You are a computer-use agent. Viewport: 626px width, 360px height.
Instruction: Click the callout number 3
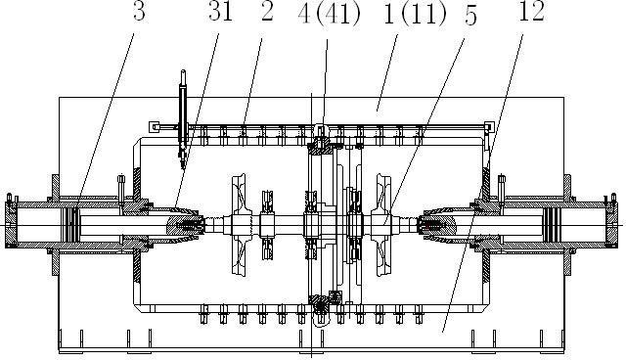point(139,12)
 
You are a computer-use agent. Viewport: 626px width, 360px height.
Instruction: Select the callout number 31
point(220,12)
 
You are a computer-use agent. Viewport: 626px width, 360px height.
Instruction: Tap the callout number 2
point(267,12)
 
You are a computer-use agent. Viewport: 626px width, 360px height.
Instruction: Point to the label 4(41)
point(330,15)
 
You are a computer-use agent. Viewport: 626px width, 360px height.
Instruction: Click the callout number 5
point(470,17)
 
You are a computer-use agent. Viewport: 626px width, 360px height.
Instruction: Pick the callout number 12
point(532,12)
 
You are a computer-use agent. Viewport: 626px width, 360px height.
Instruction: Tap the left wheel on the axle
point(239,225)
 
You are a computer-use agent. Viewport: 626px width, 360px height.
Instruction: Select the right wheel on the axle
point(383,225)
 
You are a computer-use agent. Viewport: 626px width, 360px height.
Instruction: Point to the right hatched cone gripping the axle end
point(436,225)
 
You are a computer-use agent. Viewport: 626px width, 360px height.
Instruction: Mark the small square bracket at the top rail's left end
point(155,127)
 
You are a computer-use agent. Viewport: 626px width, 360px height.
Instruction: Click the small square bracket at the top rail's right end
point(489,127)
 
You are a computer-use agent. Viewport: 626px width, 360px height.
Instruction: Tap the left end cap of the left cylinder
point(11,225)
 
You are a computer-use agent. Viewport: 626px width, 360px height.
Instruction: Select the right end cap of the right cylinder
point(611,225)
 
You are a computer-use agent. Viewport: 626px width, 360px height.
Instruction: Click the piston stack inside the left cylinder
point(72,225)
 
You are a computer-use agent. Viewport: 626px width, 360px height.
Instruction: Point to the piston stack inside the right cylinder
point(551,225)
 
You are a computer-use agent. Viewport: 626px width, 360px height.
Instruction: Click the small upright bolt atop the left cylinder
point(121,187)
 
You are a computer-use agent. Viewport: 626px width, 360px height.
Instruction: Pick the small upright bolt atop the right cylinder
point(502,187)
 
